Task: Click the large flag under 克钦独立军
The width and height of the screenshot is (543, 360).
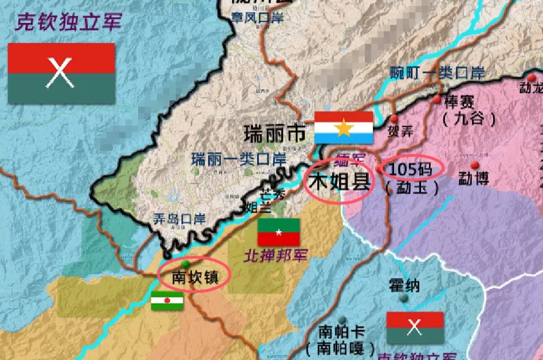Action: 61,73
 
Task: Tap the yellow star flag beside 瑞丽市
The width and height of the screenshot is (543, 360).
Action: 344,127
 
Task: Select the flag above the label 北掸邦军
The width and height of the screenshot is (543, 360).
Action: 279,232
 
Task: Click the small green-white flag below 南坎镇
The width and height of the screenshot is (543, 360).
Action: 167,300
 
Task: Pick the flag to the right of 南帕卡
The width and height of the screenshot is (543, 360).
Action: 415,327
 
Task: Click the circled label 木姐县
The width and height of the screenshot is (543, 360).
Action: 339,182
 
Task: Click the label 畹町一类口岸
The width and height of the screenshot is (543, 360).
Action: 438,73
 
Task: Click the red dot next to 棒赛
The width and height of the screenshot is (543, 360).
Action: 438,100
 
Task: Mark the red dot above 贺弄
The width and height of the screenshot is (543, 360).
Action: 394,119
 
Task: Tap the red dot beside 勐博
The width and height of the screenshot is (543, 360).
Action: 474,165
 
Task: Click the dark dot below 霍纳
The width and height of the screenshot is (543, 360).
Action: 404,298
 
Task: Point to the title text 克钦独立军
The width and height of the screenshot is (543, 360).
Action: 69,22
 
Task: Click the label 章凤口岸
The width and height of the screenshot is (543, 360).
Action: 258,18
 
